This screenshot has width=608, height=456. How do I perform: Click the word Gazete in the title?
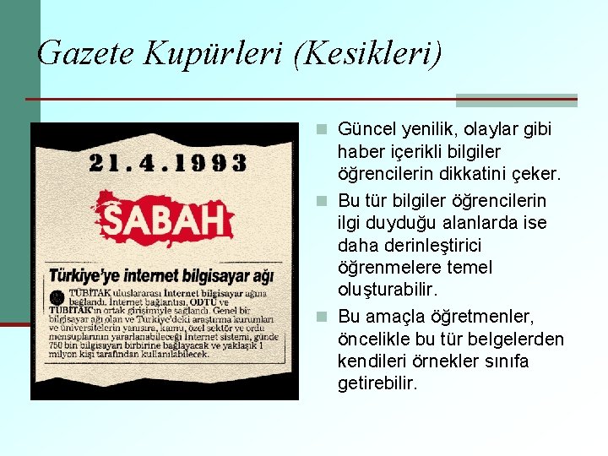tap(86, 53)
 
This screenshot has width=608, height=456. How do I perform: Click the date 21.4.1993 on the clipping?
tap(167, 162)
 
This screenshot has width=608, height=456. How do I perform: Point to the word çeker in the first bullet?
tap(540, 174)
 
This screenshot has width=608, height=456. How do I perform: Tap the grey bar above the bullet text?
tap(516, 100)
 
